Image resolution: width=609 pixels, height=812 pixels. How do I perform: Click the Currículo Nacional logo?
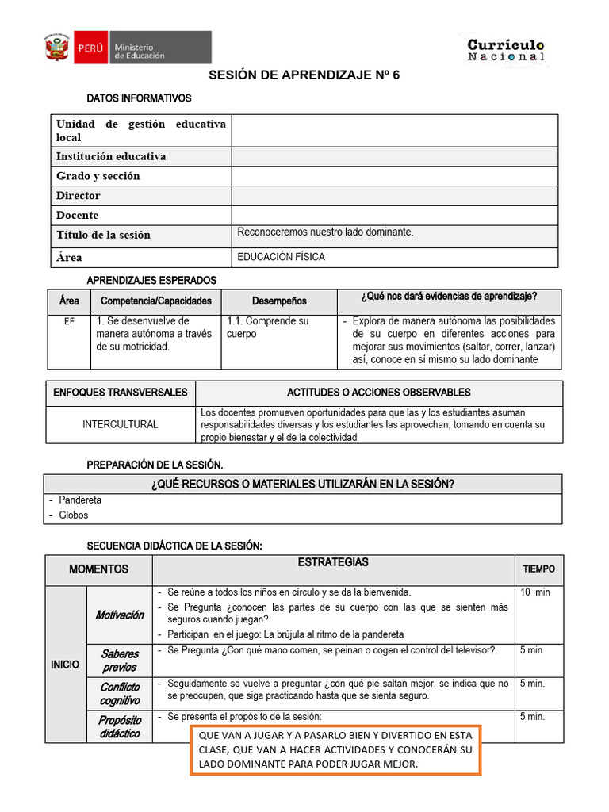[505, 49]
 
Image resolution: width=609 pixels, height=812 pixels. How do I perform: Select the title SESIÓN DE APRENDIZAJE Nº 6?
[304, 75]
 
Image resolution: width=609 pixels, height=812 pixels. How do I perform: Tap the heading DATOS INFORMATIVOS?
[139, 98]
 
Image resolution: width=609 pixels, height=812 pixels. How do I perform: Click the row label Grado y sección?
[98, 176]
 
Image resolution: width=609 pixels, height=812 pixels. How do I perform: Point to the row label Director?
[78, 195]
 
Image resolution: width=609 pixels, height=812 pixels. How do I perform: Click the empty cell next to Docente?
[394, 215]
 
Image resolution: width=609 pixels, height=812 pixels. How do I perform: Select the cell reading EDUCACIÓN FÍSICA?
[282, 257]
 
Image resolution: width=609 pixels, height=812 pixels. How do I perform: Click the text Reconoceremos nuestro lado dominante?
[325, 232]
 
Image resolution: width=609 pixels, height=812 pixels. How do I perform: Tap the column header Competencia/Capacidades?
[156, 301]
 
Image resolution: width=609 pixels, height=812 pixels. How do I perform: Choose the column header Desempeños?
[279, 301]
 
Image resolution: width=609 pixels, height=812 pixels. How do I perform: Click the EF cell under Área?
[69, 322]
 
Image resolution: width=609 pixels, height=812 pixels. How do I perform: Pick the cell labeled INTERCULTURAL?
[121, 424]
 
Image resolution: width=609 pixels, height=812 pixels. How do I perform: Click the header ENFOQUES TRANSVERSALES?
[121, 393]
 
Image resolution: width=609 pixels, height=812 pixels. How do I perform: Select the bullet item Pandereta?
[80, 500]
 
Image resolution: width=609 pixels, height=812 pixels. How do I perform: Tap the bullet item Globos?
[74, 515]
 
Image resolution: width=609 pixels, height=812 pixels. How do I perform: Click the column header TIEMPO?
[538, 569]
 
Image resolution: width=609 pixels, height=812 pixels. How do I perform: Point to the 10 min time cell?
[534, 592]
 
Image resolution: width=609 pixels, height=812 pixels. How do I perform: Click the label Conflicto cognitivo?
[120, 694]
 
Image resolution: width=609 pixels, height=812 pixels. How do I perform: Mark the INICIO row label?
[65, 665]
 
